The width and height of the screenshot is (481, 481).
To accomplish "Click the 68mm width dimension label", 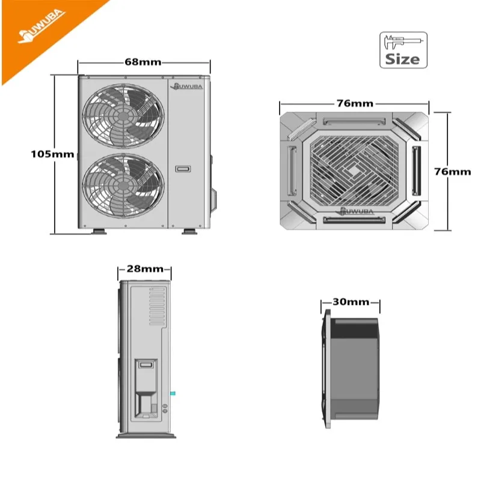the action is point(143,63).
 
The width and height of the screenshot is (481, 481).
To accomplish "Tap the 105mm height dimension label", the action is point(52,154).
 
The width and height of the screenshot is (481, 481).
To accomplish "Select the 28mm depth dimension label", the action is point(145,269).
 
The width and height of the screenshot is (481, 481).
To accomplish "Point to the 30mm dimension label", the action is point(351,302).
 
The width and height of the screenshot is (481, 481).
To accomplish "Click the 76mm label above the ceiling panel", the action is point(355,103).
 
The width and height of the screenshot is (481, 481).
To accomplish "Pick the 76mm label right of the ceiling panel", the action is point(453,172).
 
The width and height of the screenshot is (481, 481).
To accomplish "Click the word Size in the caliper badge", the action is point(402,59).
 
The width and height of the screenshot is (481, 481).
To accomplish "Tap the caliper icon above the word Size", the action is point(403,42).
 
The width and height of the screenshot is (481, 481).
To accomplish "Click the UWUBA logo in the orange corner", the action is point(41,27).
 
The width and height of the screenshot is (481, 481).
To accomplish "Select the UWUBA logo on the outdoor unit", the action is point(186,87).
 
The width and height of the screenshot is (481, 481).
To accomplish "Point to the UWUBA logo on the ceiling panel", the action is point(355,211).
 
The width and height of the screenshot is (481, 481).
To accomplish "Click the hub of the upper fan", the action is point(123,116).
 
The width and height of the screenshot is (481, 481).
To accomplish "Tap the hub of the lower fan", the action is point(123,186).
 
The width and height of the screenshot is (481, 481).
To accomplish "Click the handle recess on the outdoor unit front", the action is point(183,169).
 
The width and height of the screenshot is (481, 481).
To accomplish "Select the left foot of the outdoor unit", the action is point(99,231).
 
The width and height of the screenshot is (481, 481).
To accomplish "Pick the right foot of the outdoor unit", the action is point(189,231).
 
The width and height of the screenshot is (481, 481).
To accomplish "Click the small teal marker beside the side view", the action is point(173,393).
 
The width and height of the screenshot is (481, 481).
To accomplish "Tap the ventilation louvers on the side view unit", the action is point(157,306).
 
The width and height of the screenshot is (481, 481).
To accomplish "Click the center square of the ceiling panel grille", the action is point(354,171).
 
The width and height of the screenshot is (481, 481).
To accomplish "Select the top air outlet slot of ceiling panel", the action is point(354,121).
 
